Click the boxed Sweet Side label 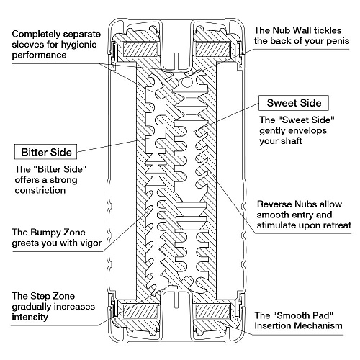294,103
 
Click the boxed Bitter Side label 45,152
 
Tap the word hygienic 78,45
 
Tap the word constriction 40,190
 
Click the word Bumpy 45,233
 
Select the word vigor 90,243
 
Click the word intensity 30,317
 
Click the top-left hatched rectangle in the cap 140,49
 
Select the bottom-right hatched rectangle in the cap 213,311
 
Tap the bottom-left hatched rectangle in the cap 140,311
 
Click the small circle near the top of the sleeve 186,82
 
